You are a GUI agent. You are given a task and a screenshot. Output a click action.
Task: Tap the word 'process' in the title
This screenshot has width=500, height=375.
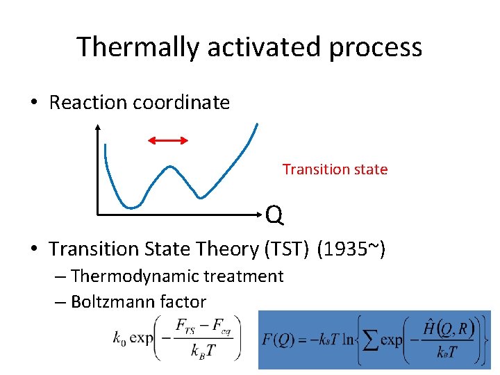point(375,47)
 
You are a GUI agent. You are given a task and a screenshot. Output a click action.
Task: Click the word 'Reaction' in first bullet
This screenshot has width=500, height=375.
point(88,103)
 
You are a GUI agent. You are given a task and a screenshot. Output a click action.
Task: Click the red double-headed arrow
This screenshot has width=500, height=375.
point(169,140)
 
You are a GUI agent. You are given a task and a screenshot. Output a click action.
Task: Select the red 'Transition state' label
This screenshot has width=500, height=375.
point(335,169)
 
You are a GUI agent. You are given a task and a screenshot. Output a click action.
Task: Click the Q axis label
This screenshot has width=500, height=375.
point(274,217)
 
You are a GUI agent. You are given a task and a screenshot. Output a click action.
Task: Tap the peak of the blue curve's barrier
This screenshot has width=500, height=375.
point(169,167)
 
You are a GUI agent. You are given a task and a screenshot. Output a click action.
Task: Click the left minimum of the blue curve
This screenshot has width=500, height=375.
point(131,206)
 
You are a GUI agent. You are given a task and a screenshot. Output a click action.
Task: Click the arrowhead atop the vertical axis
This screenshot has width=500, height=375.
point(98,127)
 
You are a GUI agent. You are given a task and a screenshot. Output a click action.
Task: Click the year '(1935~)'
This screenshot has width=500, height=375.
point(350,248)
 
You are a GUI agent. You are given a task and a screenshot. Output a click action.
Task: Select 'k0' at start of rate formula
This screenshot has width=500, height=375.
point(119,339)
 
